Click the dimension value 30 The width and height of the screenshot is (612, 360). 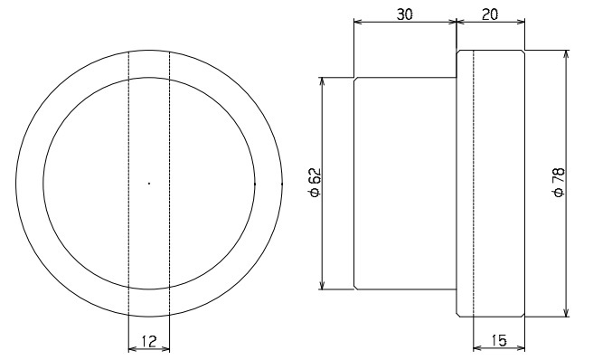(x=405, y=14)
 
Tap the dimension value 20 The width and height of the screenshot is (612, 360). (x=490, y=14)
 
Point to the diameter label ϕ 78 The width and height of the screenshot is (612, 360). (x=559, y=182)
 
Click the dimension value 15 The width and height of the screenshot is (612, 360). (x=499, y=340)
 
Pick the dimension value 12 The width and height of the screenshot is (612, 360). (x=149, y=341)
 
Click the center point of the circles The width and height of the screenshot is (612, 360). (x=149, y=183)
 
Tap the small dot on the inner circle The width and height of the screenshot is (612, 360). (x=255, y=183)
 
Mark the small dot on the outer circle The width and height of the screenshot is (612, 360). (x=282, y=183)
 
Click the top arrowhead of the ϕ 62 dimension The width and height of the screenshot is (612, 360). (x=322, y=81)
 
